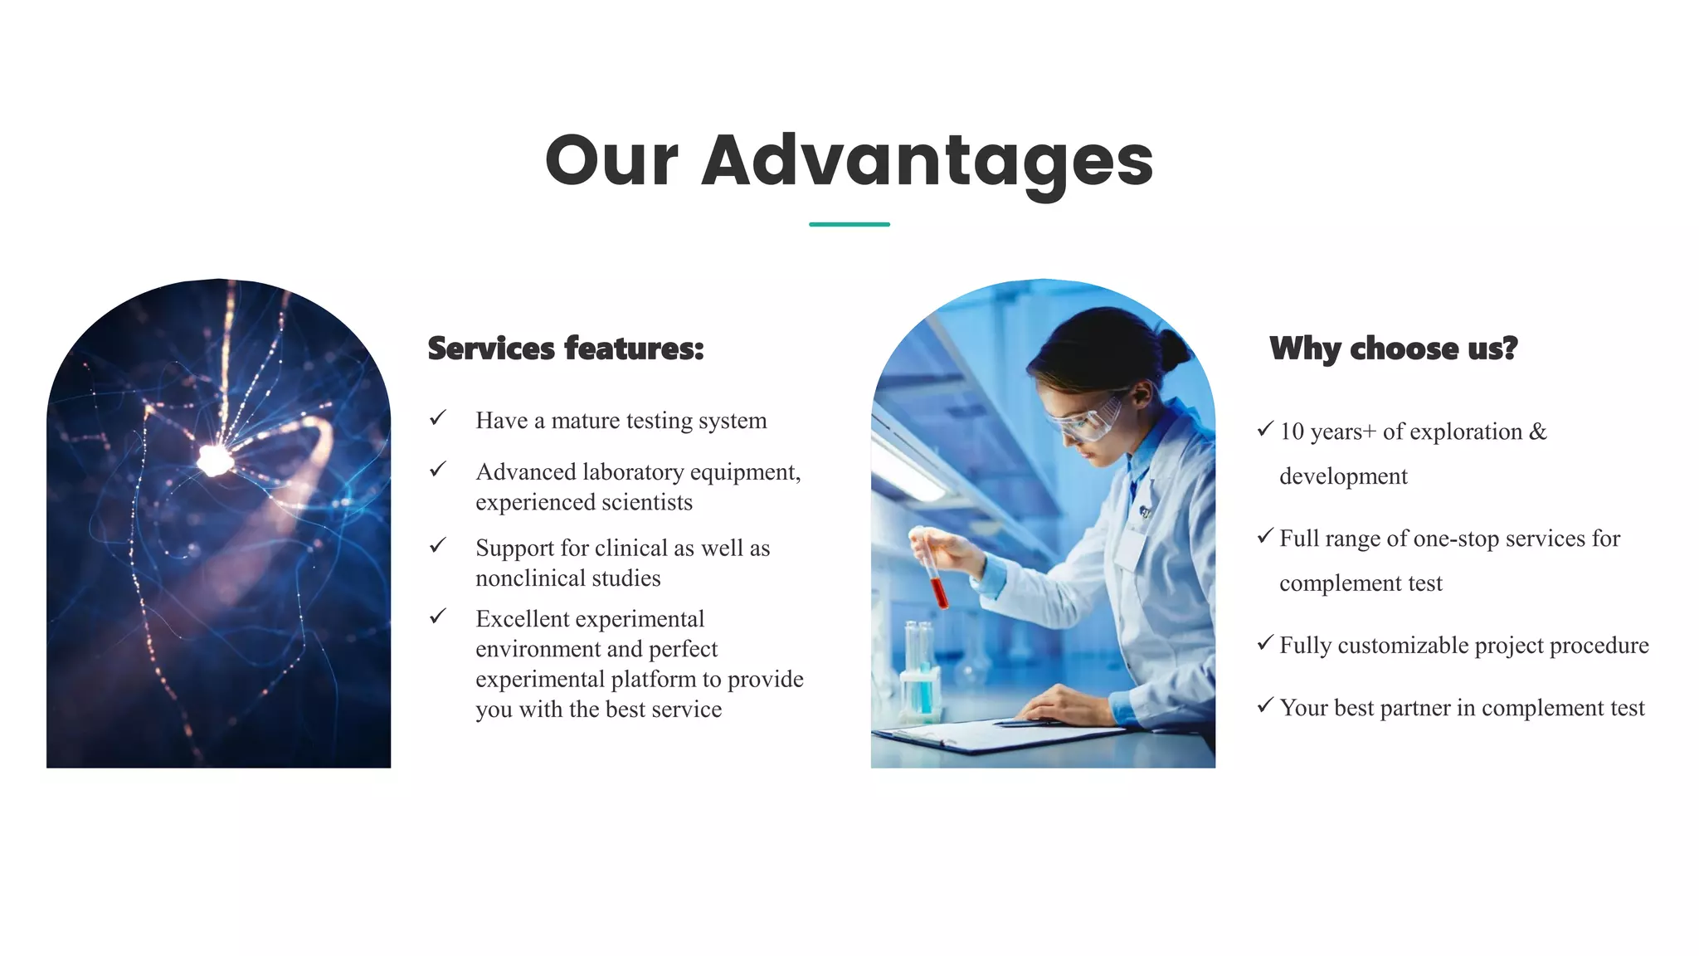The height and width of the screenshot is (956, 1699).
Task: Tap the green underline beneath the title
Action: click(x=849, y=224)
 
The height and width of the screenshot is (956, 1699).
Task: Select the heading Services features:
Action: click(x=565, y=349)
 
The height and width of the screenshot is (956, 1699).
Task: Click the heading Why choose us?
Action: click(x=1393, y=349)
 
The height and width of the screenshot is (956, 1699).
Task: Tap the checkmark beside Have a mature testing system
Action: click(x=438, y=417)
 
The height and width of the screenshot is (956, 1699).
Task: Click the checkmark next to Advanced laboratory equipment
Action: click(x=438, y=470)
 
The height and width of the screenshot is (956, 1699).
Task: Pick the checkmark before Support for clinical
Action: click(x=438, y=545)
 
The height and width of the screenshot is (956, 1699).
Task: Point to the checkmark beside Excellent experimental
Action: click(x=438, y=617)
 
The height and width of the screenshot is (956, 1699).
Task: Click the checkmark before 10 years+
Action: click(x=1264, y=429)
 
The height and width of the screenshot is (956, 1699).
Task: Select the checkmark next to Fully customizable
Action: click(x=1264, y=643)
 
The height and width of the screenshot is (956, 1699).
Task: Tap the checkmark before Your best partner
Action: click(x=1264, y=705)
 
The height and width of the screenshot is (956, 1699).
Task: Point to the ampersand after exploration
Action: click(x=1537, y=432)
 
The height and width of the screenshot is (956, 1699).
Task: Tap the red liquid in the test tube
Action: click(x=939, y=593)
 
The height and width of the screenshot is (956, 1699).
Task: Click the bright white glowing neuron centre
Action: click(x=215, y=460)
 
